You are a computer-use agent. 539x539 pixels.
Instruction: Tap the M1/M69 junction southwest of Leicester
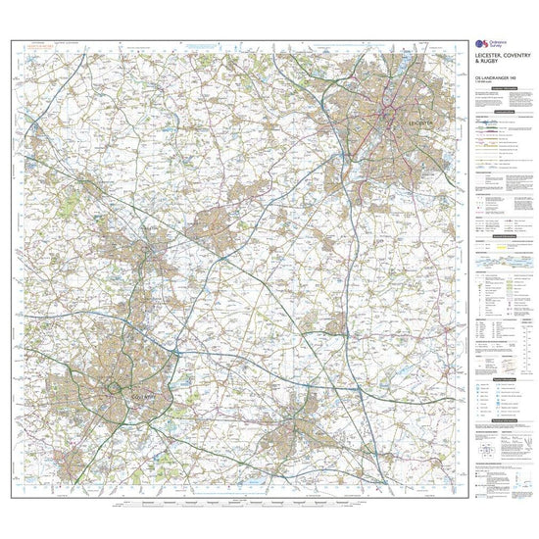pyautogui.click(x=348, y=157)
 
